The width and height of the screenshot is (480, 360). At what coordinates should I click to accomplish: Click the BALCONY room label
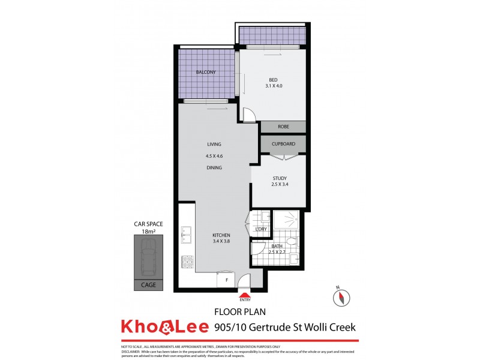click(x=205, y=73)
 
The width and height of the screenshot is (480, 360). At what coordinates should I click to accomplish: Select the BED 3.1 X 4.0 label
click(x=273, y=82)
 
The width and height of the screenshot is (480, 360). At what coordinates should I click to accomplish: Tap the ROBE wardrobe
click(x=283, y=127)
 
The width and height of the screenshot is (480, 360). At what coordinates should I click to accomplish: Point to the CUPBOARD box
click(x=283, y=144)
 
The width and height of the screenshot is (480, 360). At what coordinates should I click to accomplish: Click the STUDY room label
click(x=279, y=182)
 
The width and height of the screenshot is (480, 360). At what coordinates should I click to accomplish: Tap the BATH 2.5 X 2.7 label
click(x=277, y=250)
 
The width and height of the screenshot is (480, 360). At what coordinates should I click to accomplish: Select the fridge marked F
click(x=226, y=280)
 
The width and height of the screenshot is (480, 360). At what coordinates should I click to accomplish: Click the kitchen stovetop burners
click(x=187, y=262)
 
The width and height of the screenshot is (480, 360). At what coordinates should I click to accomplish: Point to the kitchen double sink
click(x=187, y=235)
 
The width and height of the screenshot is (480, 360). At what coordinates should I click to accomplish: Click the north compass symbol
click(x=340, y=297)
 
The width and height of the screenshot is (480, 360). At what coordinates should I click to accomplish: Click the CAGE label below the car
click(x=148, y=285)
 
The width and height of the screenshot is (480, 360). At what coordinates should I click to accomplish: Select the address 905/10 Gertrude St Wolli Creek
click(x=285, y=328)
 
